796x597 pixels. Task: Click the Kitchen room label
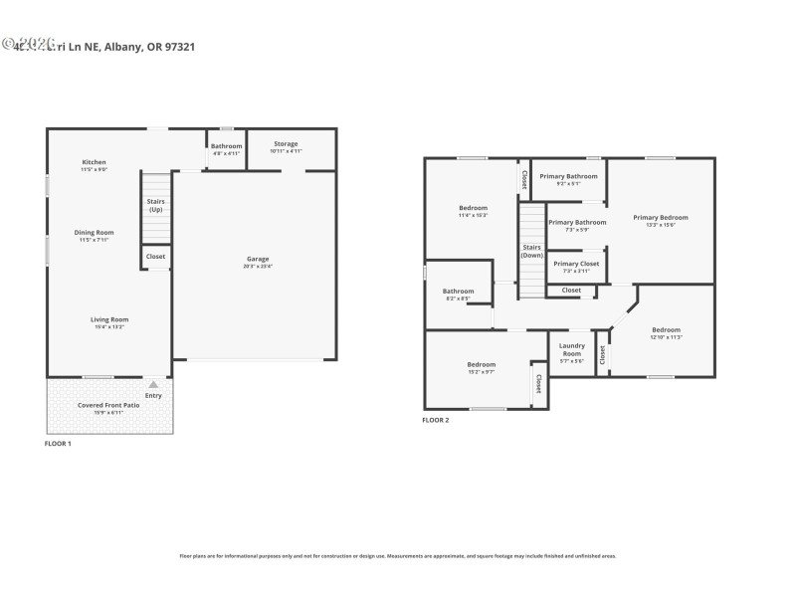tap(94, 162)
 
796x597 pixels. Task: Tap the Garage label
tap(257, 259)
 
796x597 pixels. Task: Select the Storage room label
tap(286, 144)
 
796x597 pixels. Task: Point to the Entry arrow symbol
tap(153, 384)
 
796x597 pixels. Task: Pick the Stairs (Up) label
tap(156, 206)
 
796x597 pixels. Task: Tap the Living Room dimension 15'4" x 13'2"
tap(109, 326)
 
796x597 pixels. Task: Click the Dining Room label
tap(95, 233)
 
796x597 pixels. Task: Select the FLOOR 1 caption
tap(58, 443)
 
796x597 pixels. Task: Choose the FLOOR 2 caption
tap(435, 421)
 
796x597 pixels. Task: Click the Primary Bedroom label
tap(661, 217)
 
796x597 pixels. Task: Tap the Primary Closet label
tap(576, 264)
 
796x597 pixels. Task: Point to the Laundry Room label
tap(571, 350)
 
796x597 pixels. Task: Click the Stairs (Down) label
tap(531, 251)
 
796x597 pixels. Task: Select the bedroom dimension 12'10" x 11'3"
tap(666, 337)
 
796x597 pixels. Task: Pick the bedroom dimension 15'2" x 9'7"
tap(481, 372)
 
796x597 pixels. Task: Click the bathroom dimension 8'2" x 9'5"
tap(458, 298)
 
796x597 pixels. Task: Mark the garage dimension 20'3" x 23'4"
tap(257, 266)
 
